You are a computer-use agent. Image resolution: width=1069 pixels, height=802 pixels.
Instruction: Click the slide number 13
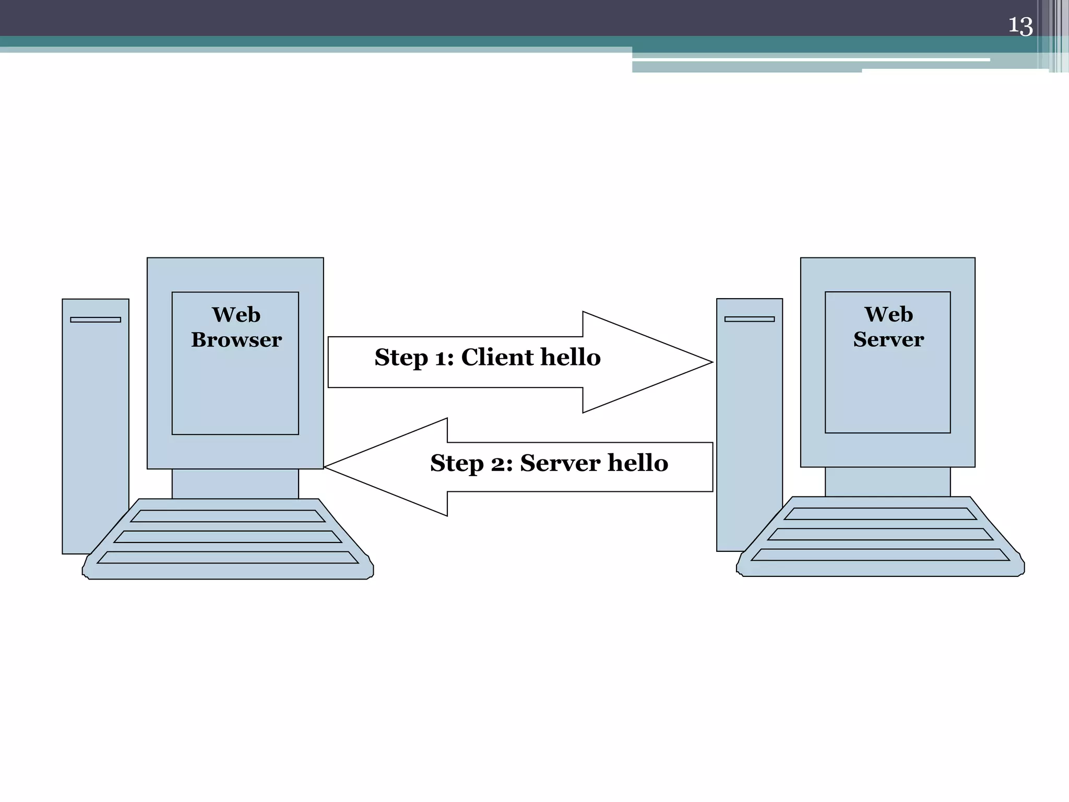tap(1020, 26)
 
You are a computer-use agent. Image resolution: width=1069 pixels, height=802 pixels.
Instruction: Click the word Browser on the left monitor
tap(236, 340)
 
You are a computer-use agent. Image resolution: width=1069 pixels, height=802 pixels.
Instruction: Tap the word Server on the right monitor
tap(888, 339)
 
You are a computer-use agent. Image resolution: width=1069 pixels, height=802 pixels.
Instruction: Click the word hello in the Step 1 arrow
tap(571, 357)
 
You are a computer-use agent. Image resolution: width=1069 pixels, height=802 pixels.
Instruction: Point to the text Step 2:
tap(471, 463)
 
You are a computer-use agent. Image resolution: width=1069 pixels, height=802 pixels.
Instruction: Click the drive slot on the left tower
tap(96, 320)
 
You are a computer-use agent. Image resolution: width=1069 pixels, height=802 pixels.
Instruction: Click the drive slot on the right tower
tap(749, 319)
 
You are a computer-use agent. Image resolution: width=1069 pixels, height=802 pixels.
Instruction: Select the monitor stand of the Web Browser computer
tap(235, 483)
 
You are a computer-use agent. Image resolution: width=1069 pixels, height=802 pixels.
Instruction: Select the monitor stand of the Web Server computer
tap(887, 481)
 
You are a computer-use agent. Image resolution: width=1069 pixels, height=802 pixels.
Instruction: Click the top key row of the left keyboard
tap(228, 516)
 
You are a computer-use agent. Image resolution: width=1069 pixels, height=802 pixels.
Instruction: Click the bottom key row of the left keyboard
tap(228, 557)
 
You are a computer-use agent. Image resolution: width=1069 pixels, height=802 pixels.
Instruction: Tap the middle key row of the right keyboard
tap(880, 534)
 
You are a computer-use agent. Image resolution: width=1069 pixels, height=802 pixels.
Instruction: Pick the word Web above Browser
tap(236, 315)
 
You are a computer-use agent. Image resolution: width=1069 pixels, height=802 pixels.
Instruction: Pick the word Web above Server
tap(888, 314)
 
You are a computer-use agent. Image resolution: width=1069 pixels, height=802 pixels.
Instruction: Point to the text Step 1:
tap(414, 358)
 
